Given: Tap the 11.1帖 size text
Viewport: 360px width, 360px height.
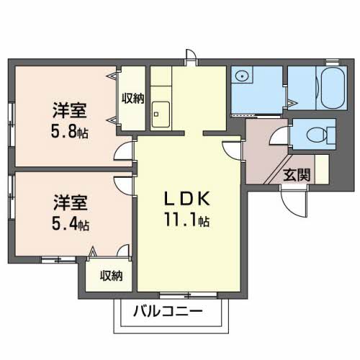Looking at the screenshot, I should pyautogui.click(x=186, y=219).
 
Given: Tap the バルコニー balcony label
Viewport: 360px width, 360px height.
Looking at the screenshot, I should pyautogui.click(x=168, y=312).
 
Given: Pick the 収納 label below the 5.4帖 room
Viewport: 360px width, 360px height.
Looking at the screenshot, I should pyautogui.click(x=110, y=275).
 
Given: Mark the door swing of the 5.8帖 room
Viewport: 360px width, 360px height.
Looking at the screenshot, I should pyautogui.click(x=125, y=153).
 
